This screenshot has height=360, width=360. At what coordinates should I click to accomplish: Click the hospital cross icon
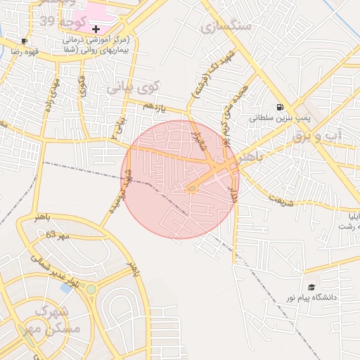[x=96, y=28]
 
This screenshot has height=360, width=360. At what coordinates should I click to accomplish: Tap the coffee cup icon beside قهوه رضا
[x=25, y=41]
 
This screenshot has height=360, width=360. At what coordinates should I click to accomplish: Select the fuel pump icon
[x=281, y=108]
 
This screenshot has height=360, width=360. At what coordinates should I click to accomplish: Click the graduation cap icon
[x=311, y=287]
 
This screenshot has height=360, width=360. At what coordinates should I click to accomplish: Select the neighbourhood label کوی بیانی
[x=134, y=89]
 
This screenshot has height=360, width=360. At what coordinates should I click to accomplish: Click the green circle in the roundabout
[x=91, y=289]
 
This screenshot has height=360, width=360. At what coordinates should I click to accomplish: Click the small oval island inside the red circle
[x=191, y=188]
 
